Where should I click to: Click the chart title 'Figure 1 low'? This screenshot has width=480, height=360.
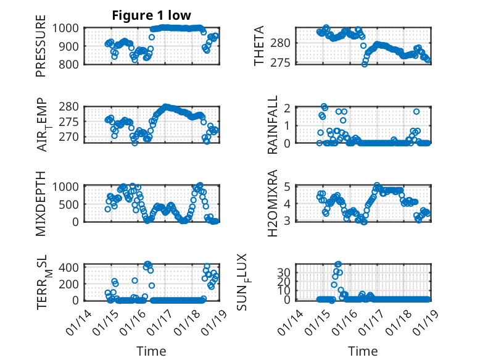pyautogui.click(x=151, y=15)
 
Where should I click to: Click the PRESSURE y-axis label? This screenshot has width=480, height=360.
pyautogui.click(x=41, y=50)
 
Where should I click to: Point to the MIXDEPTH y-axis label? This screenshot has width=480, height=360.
pyautogui.click(x=41, y=203)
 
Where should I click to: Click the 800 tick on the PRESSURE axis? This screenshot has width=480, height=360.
pyautogui.click(x=70, y=64)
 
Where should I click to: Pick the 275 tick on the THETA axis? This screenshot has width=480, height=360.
pyautogui.click(x=284, y=62)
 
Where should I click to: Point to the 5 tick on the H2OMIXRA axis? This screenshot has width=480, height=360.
pyautogui.click(x=288, y=186)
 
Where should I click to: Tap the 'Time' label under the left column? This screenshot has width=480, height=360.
pyautogui.click(x=151, y=351)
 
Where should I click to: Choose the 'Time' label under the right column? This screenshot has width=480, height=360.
pyautogui.click(x=363, y=351)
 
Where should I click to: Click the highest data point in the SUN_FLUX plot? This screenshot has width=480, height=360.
pyautogui.click(x=338, y=264)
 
